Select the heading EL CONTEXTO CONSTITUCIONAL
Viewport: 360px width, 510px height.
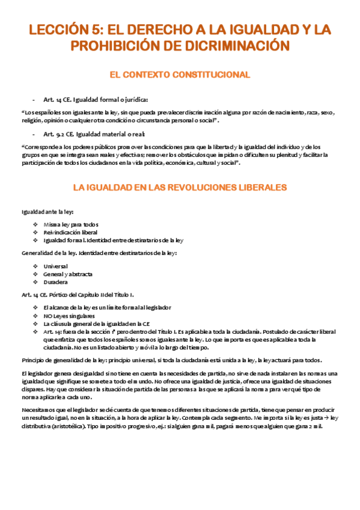[x=180, y=75]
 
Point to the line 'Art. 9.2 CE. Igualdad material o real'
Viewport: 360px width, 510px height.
[x=94, y=134]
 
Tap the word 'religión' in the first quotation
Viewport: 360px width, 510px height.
[x=33, y=120]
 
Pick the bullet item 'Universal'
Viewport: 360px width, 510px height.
[x=56, y=265]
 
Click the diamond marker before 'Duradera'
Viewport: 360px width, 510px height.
[x=37, y=282]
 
